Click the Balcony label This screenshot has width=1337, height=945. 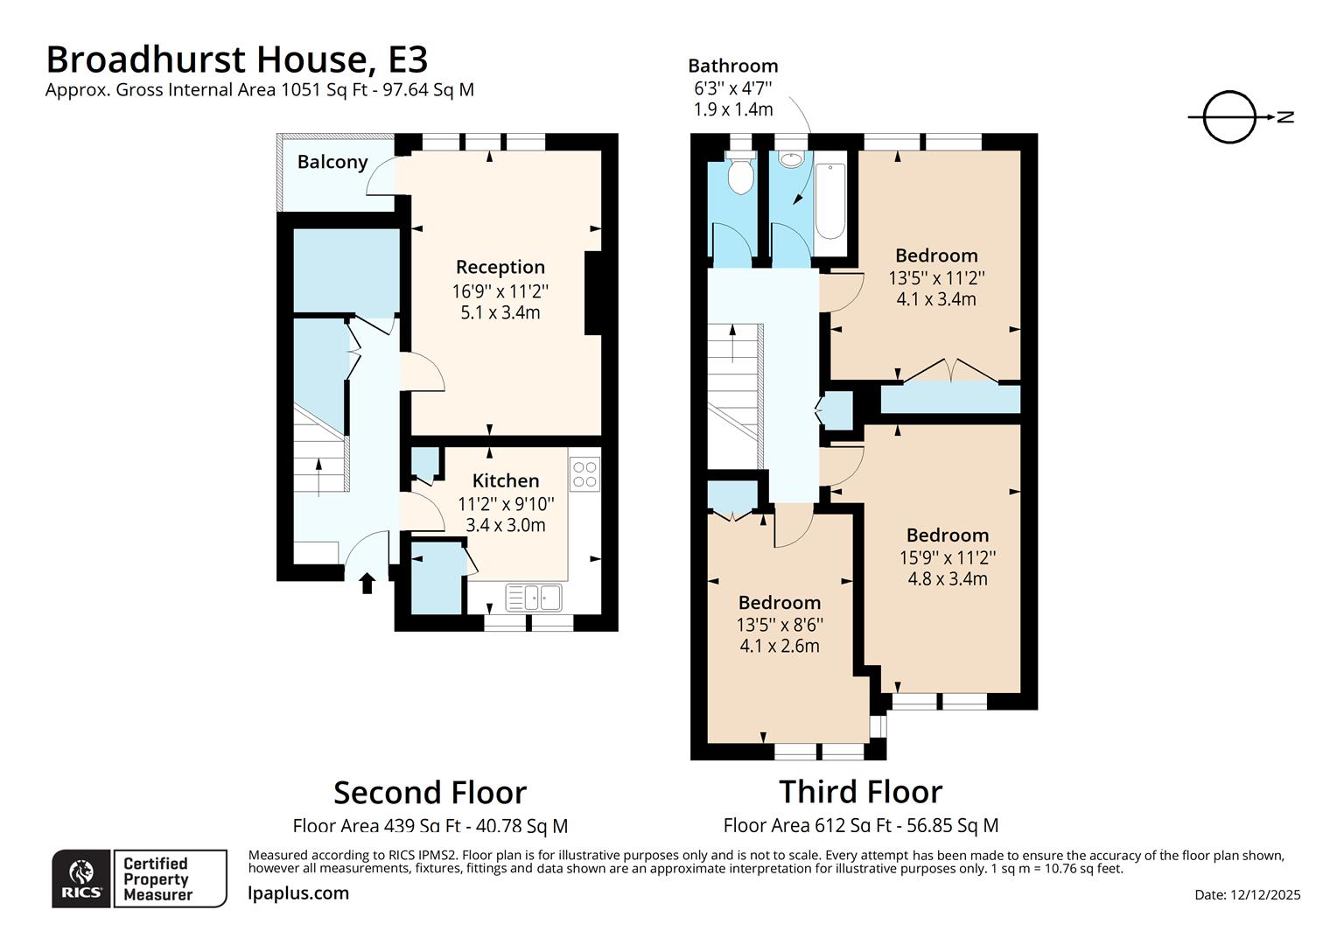(x=332, y=162)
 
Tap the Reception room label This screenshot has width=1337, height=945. (x=500, y=267)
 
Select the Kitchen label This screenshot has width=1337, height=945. (x=505, y=480)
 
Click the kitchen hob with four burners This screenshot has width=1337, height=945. (x=584, y=474)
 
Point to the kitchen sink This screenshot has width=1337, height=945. (x=534, y=598)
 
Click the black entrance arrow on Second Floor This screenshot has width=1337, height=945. (x=367, y=582)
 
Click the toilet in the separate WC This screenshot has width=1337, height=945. (x=741, y=174)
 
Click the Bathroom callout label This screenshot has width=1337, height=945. (x=732, y=66)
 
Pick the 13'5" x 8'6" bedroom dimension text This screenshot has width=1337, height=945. (x=779, y=625)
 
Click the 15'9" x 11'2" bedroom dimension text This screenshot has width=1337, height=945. (x=947, y=557)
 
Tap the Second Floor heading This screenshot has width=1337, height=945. (x=430, y=792)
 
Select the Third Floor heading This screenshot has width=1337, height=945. (x=860, y=791)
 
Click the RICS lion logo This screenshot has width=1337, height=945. (x=81, y=878)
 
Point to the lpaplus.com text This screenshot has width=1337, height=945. (x=298, y=893)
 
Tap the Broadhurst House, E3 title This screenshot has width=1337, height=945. (x=236, y=59)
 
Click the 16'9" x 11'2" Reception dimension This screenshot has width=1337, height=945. (x=500, y=290)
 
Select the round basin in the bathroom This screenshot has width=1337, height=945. (x=791, y=159)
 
